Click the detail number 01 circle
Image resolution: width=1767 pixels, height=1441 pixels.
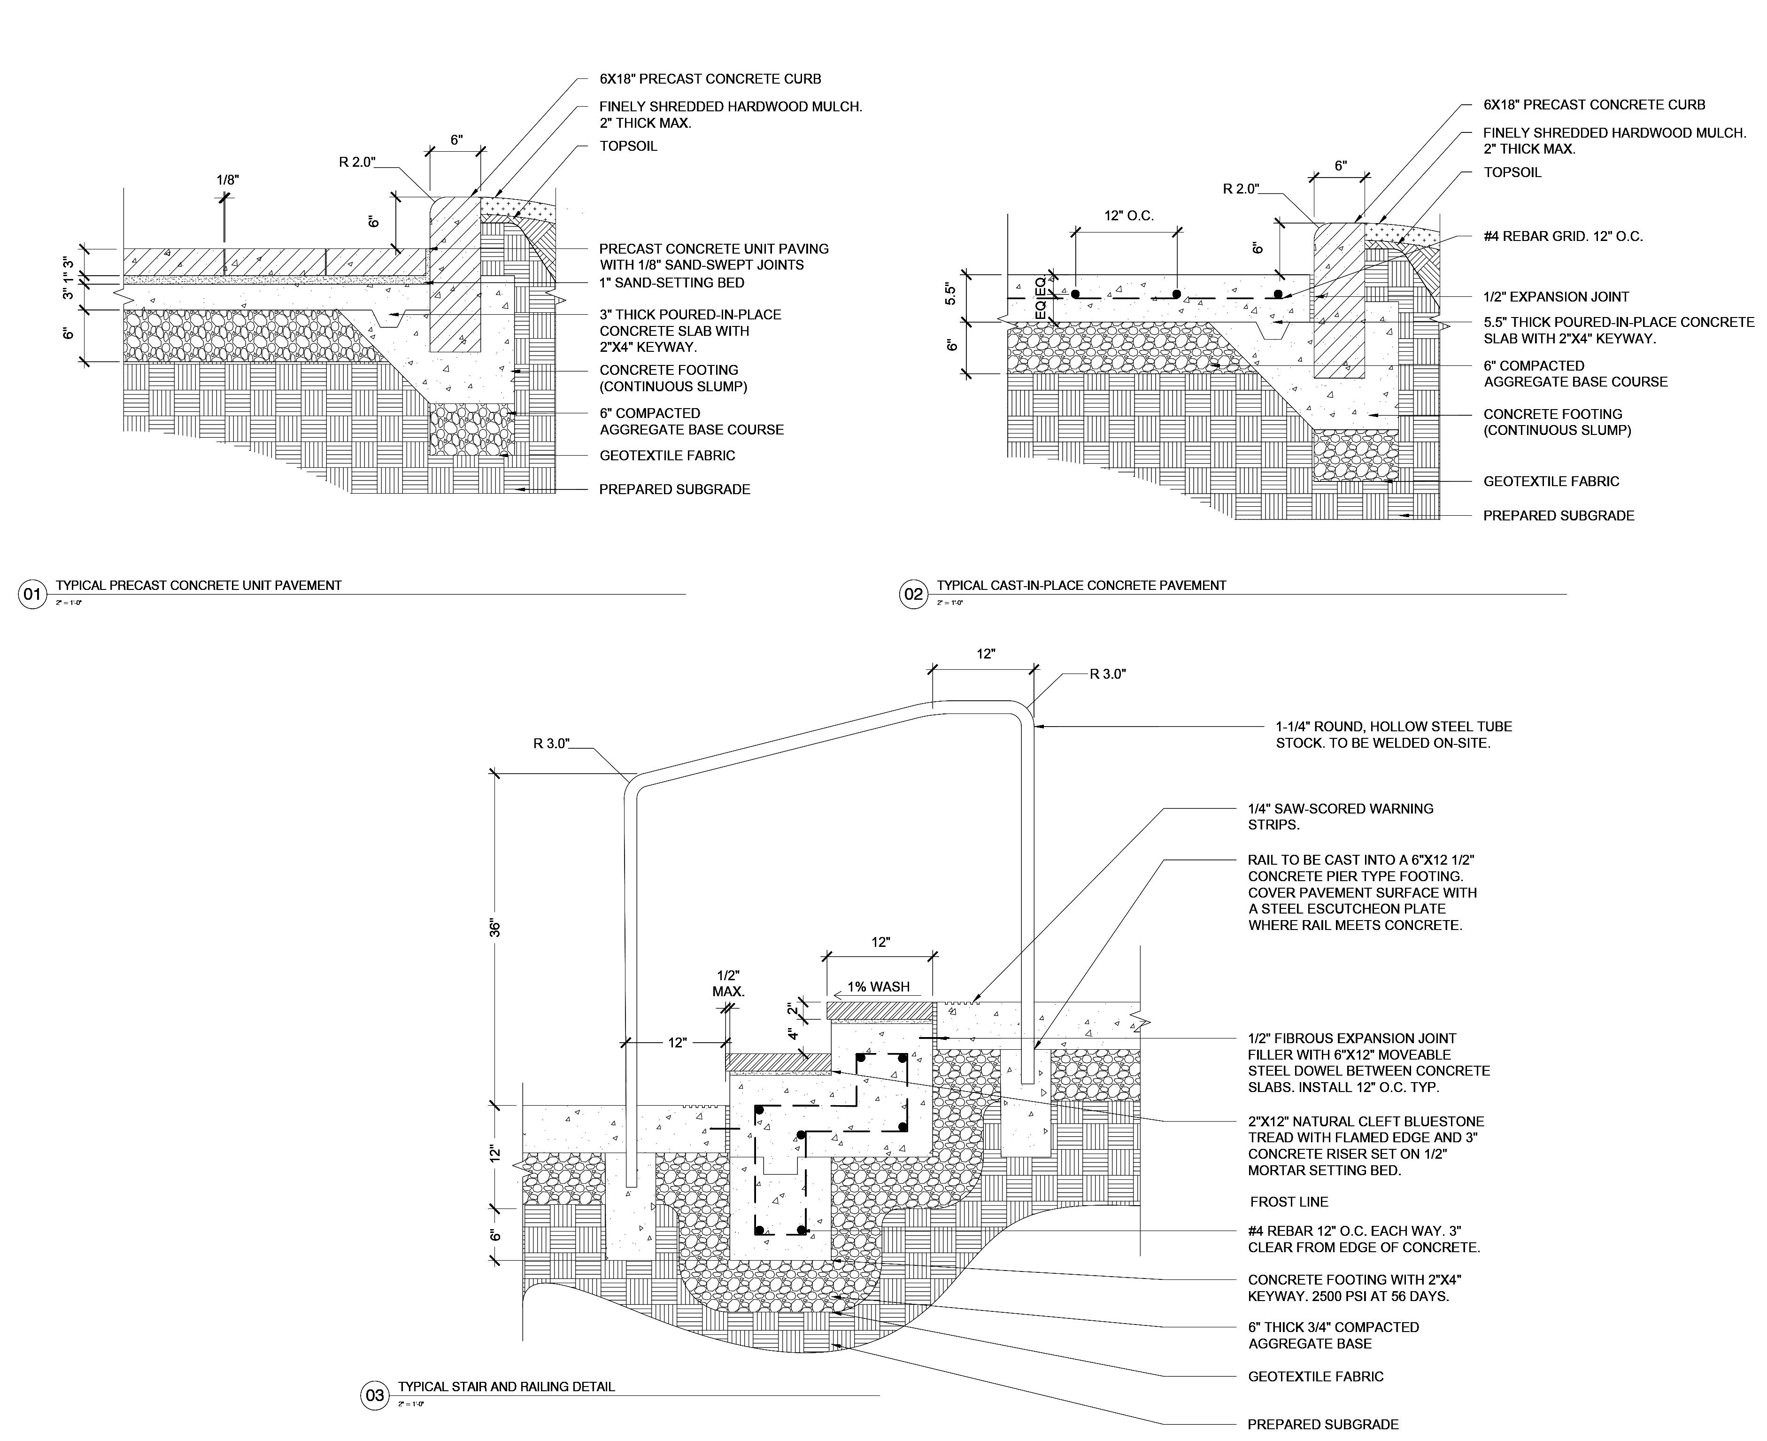[x=31, y=594]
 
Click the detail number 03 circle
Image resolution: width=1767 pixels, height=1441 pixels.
[x=374, y=1395]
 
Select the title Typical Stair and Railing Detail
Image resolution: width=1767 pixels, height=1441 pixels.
[x=506, y=1386]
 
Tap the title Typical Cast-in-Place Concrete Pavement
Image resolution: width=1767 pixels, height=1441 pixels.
[x=1080, y=585]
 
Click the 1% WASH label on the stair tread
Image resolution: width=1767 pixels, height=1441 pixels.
[x=878, y=987]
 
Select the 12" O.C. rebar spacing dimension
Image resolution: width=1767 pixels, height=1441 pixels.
[x=1128, y=216]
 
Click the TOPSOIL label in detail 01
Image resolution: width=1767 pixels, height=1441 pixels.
[x=628, y=146]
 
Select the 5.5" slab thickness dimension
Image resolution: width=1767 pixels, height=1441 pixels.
[x=951, y=294]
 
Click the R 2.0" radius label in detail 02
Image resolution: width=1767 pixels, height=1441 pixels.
[x=1241, y=189]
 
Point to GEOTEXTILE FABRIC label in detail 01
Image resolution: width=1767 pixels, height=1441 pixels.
[x=666, y=456]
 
